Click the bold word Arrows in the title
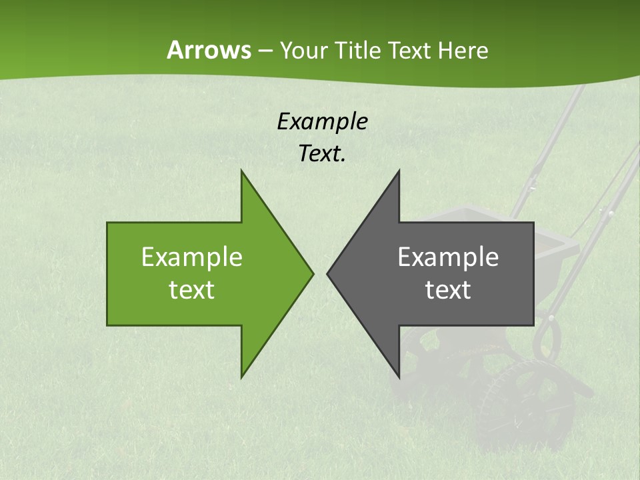(208, 50)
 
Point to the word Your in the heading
(303, 50)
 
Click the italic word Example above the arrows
(322, 122)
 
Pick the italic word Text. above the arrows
(322, 153)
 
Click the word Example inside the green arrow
(191, 257)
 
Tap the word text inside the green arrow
(191, 290)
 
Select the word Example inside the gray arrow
(448, 257)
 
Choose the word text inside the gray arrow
(448, 290)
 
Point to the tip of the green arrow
(312, 273)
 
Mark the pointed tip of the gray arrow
(328, 273)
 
